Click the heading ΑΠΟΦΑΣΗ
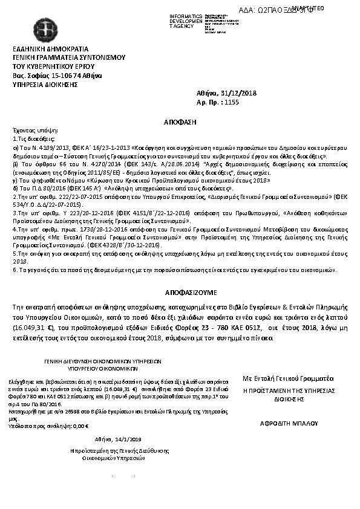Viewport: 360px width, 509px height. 180,122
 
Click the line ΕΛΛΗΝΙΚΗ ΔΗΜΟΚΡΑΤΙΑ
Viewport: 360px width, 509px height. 51,49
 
